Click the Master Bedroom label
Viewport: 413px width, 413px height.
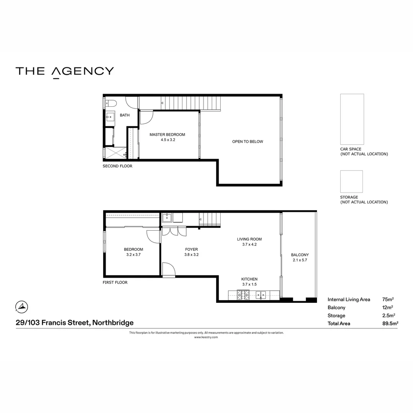167,135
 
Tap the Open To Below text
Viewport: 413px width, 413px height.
247,141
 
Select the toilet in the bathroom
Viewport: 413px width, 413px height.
111,103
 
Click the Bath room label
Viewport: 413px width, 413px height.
125,115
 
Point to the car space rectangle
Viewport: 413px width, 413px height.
352,119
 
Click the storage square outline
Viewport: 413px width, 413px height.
351,182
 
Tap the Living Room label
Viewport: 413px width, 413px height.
249,239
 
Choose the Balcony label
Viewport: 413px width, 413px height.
299,255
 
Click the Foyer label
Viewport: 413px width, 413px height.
192,249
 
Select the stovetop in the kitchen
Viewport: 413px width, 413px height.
243,294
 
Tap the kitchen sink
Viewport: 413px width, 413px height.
261,294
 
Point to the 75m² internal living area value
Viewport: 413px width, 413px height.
388,299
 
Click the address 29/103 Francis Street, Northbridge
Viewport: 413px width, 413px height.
75,323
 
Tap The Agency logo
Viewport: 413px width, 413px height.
65,72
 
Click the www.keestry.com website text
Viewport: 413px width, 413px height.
206,337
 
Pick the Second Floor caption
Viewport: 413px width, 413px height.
117,166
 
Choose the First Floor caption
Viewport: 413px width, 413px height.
115,283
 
